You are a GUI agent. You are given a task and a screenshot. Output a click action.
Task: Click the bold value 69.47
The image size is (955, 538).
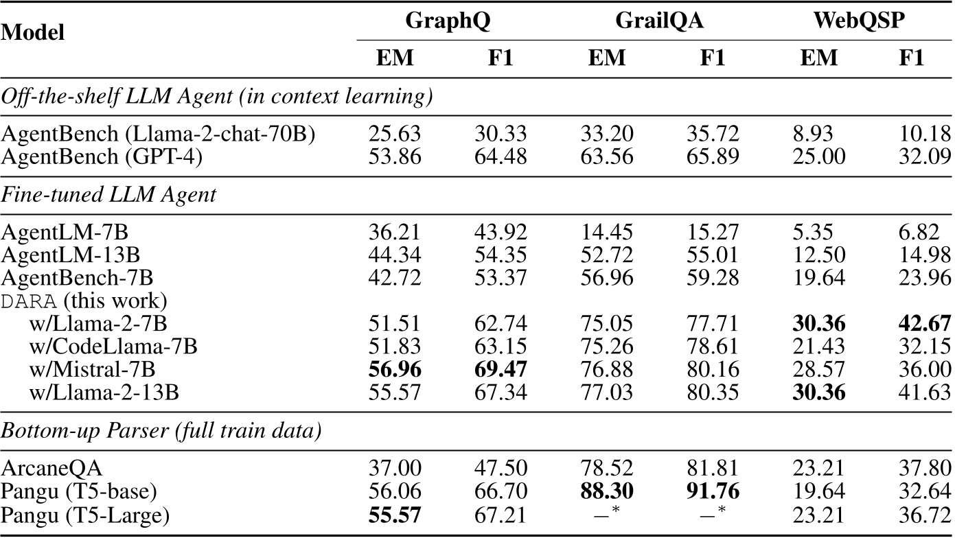[500, 369]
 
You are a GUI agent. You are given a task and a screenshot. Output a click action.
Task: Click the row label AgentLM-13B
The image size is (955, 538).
[71, 256]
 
